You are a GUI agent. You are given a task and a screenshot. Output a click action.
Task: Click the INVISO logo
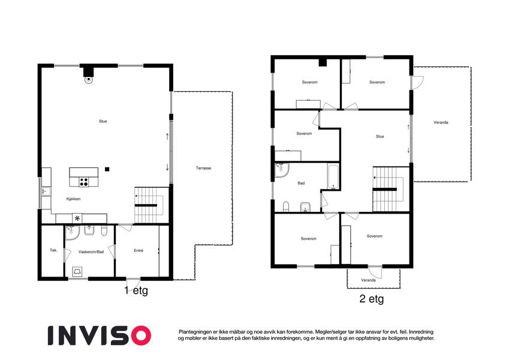tap(100, 335)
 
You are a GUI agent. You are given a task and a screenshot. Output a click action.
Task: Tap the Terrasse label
tap(203, 168)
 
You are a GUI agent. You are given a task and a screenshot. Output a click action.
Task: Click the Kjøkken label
tap(73, 199)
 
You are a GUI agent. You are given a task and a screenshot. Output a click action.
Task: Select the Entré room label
tap(138, 251)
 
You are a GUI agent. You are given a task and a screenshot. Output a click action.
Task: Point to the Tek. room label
tap(53, 250)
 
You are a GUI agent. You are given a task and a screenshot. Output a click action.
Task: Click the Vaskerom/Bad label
tap(91, 252)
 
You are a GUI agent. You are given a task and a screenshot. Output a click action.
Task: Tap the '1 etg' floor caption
tap(136, 290)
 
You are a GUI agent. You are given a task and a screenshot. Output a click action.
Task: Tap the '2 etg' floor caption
tap(372, 299)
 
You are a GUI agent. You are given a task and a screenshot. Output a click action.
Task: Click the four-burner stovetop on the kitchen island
tap(84, 182)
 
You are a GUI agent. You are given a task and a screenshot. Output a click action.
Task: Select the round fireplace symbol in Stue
tap(88, 80)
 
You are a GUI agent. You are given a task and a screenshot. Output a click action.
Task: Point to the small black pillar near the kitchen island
tap(107, 169)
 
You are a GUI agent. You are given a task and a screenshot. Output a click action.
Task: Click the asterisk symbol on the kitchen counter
tap(77, 218)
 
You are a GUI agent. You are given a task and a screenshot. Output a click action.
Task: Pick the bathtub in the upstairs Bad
tap(333, 177)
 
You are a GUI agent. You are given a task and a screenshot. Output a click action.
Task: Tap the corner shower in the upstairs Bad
tap(281, 170)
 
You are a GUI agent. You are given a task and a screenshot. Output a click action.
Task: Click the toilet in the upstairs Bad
tap(286, 206)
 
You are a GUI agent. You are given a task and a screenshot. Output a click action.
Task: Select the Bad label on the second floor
tap(301, 183)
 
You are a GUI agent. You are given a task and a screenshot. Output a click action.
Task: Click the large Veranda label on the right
tap(441, 122)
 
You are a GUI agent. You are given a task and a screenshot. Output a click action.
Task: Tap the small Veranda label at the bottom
tap(369, 280)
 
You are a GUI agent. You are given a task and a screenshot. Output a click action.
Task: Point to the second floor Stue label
tap(380, 136)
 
